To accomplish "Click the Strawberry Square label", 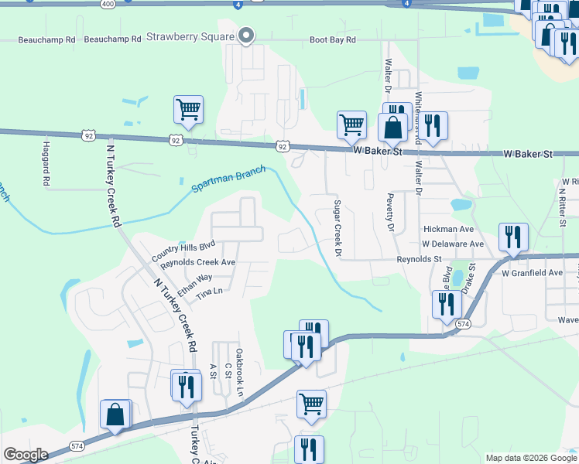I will click(x=190, y=36).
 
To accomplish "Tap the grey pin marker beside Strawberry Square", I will click(x=247, y=36).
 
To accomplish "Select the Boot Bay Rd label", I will click(x=332, y=39).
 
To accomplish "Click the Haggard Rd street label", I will click(x=46, y=161).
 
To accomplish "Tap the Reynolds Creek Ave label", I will click(x=197, y=262).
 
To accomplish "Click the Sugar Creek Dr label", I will click(x=337, y=228).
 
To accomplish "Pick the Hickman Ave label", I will click(x=448, y=230).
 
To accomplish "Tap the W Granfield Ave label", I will click(x=532, y=273).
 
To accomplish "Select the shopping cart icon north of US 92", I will click(x=188, y=110).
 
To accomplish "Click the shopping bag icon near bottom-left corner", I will click(x=115, y=415).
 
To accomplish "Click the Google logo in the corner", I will click(x=25, y=455).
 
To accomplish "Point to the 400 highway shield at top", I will click(x=108, y=4).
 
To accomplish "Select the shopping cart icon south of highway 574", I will click(x=311, y=404).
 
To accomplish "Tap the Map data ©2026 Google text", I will click(x=530, y=458).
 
